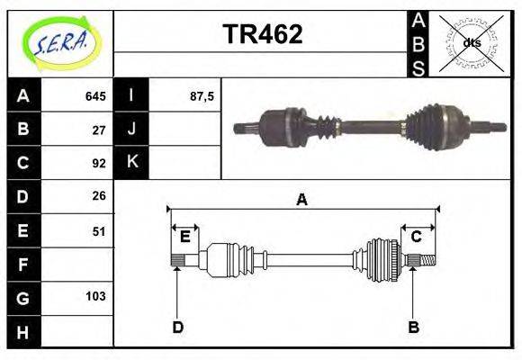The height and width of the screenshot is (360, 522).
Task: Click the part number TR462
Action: click(x=262, y=35)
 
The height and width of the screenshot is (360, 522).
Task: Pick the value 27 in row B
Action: click(x=99, y=130)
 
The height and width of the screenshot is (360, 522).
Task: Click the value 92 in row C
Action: click(x=99, y=164)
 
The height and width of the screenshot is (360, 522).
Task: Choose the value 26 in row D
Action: click(x=99, y=196)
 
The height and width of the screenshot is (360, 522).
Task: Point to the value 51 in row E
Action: click(x=99, y=231)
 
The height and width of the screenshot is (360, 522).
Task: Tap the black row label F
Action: click(x=22, y=265)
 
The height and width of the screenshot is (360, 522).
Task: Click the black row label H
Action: click(x=22, y=331)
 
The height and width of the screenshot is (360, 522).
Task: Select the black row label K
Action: click(x=132, y=163)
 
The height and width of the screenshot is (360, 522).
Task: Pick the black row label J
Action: click(x=132, y=130)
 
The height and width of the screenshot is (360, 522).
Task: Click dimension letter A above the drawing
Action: click(x=302, y=200)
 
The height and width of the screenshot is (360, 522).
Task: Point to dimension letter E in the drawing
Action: click(x=184, y=237)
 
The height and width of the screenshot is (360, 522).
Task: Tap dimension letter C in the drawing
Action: click(x=416, y=237)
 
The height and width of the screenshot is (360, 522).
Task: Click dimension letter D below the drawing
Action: click(x=177, y=328)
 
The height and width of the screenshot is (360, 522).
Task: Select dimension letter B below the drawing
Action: click(x=413, y=328)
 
